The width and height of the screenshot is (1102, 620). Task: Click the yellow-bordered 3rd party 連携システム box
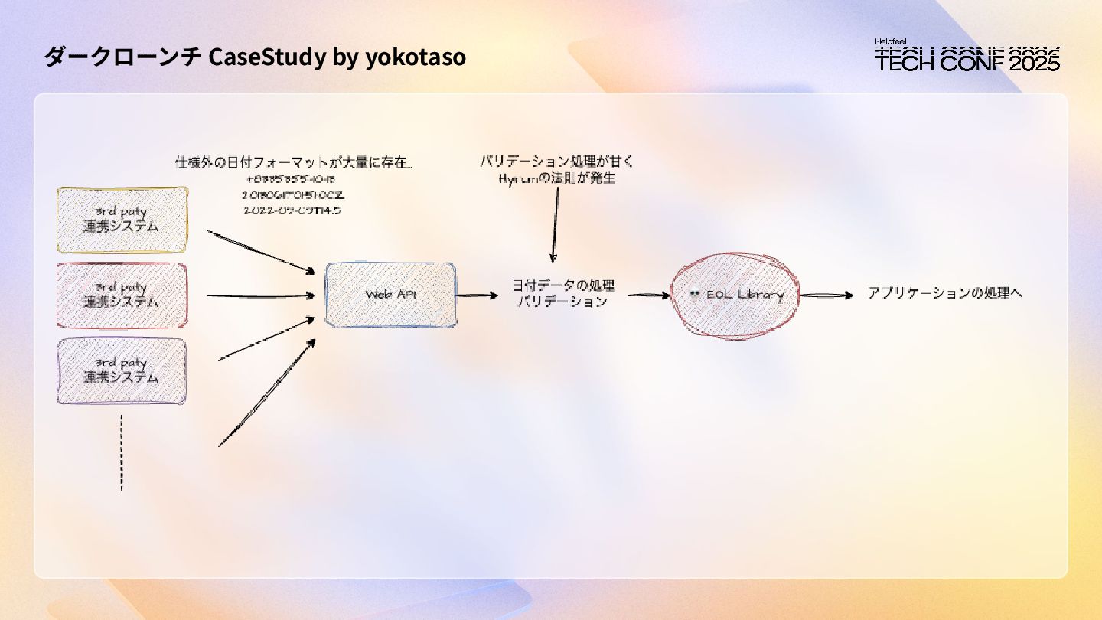[x=122, y=220]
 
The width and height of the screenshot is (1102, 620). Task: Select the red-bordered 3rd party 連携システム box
[x=122, y=295]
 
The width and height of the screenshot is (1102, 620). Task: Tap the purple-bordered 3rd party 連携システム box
[x=122, y=371]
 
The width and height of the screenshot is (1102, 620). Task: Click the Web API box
[x=390, y=295]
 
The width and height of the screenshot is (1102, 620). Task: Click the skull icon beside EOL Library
[x=694, y=295]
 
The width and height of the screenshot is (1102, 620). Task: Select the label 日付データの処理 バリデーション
[x=562, y=294]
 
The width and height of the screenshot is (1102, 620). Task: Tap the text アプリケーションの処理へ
[x=944, y=293]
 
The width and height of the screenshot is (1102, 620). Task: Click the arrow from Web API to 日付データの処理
[x=477, y=295]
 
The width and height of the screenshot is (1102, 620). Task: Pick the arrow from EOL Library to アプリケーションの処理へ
[x=826, y=295]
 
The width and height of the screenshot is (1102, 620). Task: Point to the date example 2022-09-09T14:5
[x=293, y=210]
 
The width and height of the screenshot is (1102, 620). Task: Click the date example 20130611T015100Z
[x=293, y=195]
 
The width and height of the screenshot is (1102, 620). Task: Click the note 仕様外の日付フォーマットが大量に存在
[x=294, y=162]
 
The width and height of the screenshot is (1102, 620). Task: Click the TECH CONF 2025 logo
[x=967, y=57]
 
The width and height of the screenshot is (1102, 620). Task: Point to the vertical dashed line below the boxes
[x=122, y=452]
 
